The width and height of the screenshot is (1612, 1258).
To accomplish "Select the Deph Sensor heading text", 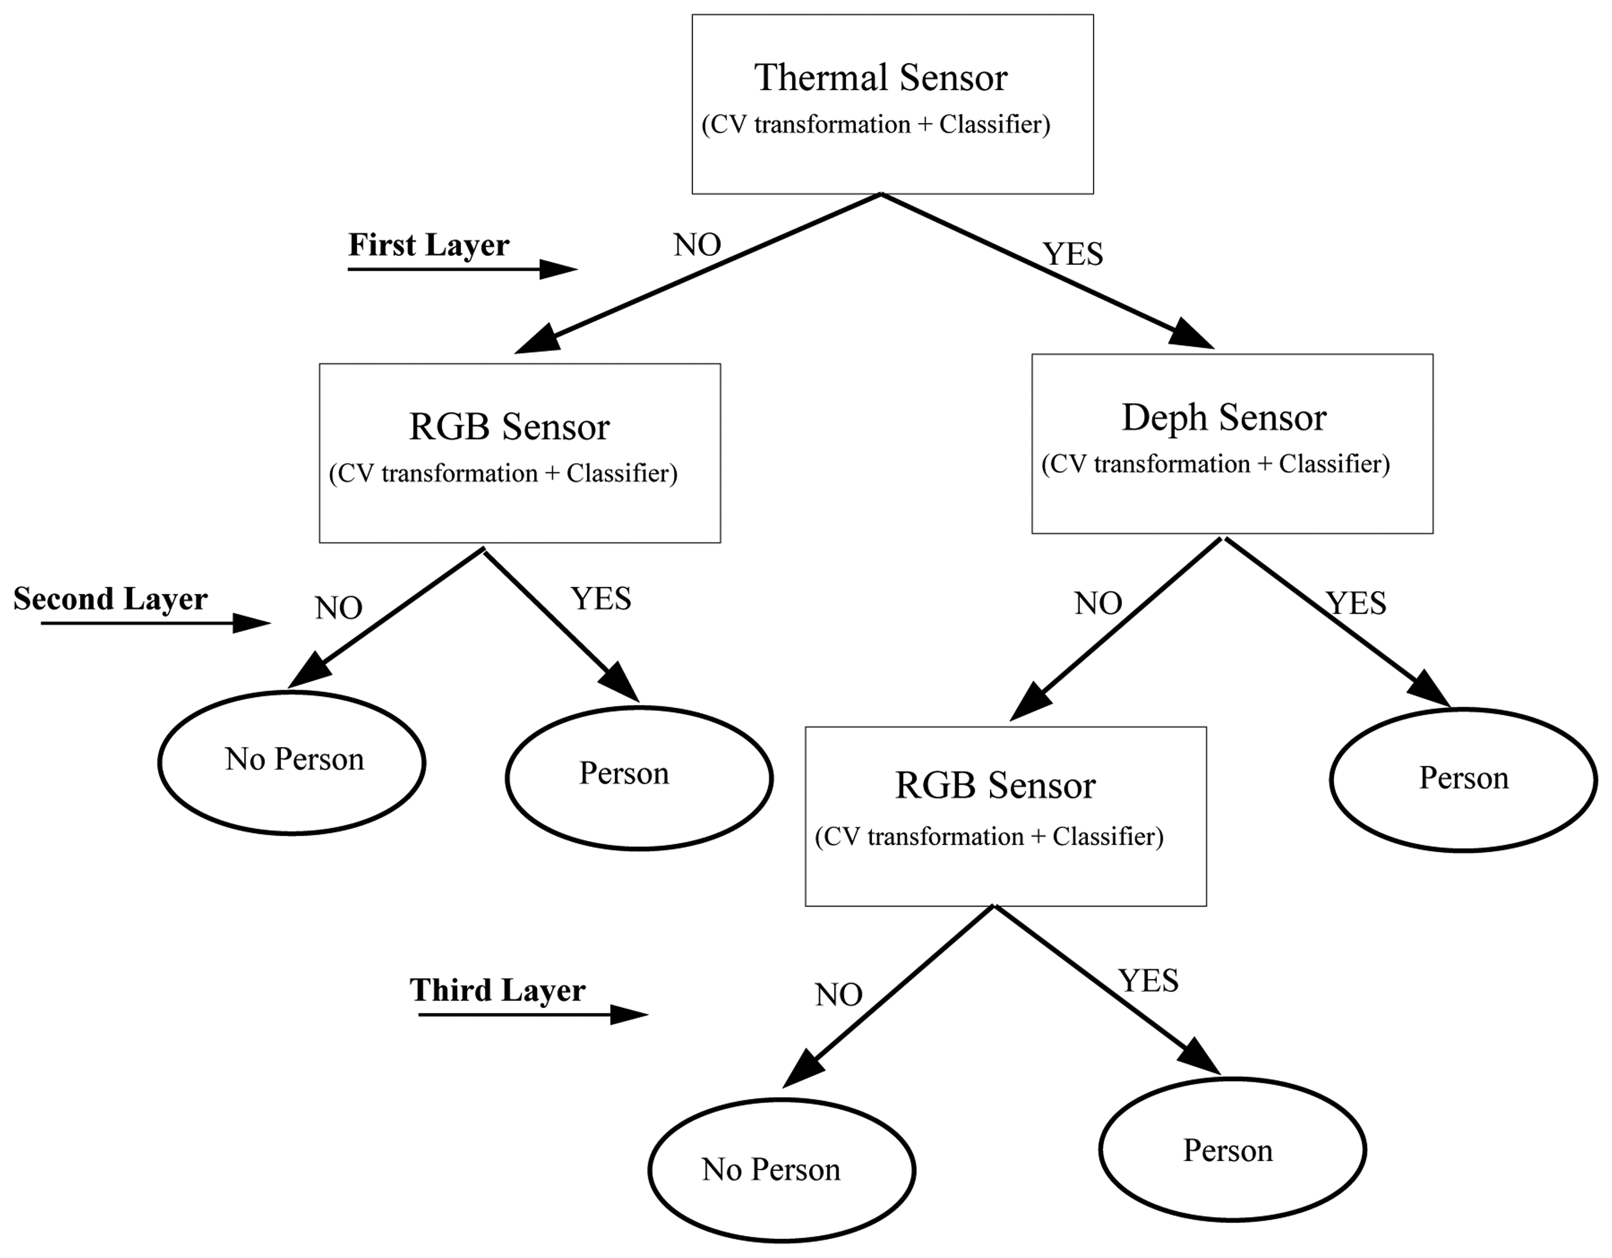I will pyautogui.click(x=1224, y=418).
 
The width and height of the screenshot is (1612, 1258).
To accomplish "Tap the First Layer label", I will pyautogui.click(x=428, y=245).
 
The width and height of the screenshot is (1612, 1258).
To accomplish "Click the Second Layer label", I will pyautogui.click(x=111, y=599).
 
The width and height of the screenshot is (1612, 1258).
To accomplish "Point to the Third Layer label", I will pyautogui.click(x=498, y=990).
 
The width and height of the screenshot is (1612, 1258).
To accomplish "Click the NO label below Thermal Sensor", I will pyautogui.click(x=697, y=245).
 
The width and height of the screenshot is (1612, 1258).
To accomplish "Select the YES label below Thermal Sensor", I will pyautogui.click(x=1073, y=255).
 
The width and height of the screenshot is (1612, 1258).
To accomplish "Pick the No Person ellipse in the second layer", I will pyautogui.click(x=292, y=762).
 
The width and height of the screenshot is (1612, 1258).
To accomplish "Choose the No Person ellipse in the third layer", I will pyautogui.click(x=782, y=1170).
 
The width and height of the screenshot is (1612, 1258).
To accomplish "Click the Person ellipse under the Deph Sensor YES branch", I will pyautogui.click(x=1463, y=780).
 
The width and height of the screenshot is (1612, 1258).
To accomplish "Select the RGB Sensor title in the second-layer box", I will pyautogui.click(x=509, y=427).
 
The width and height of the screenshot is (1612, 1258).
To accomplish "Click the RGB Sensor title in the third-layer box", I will pyautogui.click(x=995, y=786).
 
